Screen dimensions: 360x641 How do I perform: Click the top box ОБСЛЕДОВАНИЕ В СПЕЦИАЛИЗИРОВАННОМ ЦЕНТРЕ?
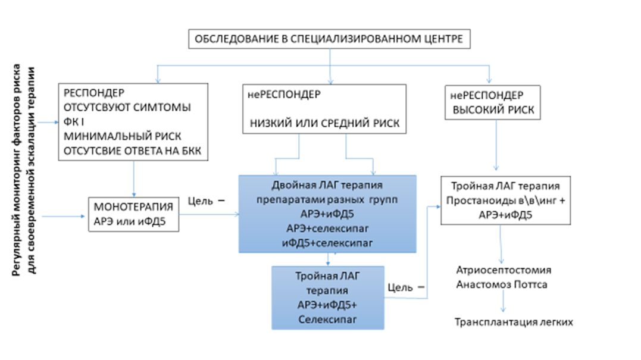point(329,40)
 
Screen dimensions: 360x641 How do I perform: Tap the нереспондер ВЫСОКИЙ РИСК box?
point(493,102)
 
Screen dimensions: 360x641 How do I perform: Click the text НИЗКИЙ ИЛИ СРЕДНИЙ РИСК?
point(326,124)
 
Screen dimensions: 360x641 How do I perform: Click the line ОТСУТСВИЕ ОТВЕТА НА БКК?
point(133,151)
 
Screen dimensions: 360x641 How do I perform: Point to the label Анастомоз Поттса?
point(502,284)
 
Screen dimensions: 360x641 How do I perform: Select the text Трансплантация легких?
point(513,323)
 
